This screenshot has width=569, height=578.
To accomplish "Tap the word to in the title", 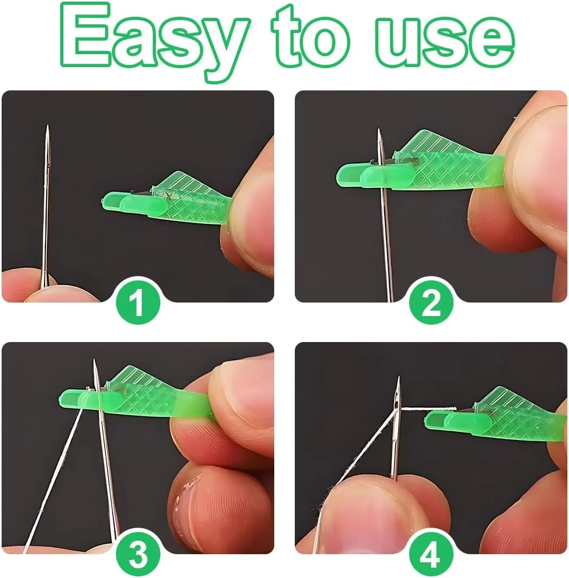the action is coord(310,37).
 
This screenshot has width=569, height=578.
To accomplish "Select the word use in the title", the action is coord(445,42).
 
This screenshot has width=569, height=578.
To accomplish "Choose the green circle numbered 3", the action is coord(138,554).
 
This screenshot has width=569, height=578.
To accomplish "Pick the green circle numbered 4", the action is coord(431,554).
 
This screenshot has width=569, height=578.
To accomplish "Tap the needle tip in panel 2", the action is coord(379,129).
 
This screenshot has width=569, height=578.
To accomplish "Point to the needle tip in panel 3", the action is coord(94,360).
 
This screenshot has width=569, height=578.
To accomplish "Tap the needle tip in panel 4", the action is coord(398,377).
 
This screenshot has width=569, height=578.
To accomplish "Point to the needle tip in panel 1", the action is coord(47,126).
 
